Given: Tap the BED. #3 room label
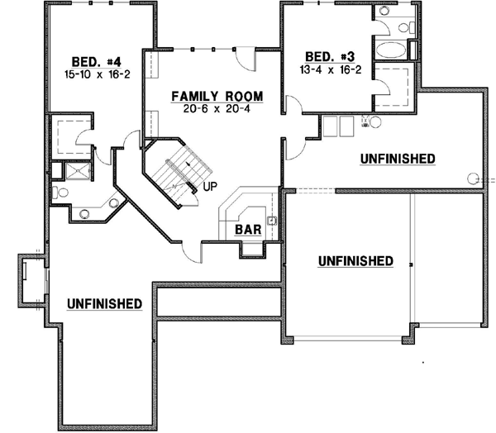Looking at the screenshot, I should (323, 57).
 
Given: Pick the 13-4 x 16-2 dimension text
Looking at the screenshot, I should (325, 69).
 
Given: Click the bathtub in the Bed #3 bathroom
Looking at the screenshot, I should (391, 50).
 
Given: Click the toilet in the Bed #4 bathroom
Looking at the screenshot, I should (57, 191).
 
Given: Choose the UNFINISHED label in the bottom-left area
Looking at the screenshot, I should (104, 303).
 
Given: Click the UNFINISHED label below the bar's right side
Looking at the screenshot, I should (355, 261).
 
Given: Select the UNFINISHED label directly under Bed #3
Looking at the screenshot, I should (398, 157).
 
